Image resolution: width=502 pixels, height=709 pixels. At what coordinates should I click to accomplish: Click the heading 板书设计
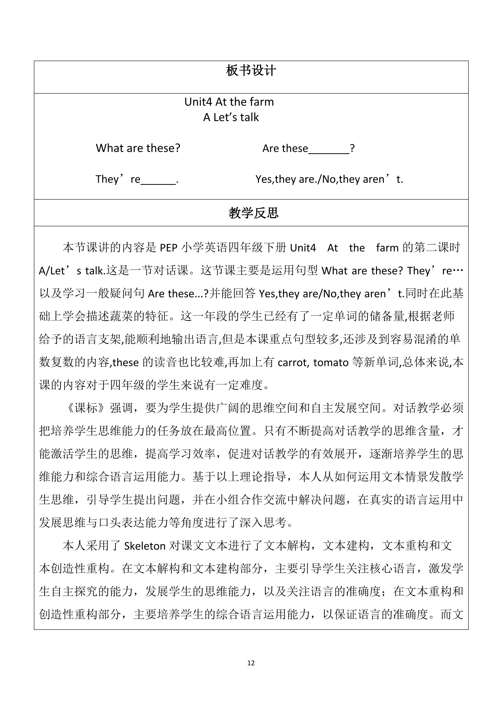coord(251,71)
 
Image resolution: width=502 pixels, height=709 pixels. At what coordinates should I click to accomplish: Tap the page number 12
coord(251,663)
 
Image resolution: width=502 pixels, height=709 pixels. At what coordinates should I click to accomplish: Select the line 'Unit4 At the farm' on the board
coord(229,102)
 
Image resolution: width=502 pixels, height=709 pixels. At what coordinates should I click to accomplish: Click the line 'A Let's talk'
coord(231,117)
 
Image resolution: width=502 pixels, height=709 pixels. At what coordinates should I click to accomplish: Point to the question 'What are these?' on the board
coord(138,148)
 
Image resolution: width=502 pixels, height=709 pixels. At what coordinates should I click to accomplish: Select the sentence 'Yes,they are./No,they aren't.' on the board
coord(329,179)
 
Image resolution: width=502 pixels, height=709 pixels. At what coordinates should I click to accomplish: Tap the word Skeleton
coord(145,546)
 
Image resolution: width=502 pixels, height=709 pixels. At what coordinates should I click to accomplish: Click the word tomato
coord(331,363)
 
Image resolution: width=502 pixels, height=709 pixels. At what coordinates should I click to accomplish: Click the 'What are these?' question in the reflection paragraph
coord(362,271)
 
